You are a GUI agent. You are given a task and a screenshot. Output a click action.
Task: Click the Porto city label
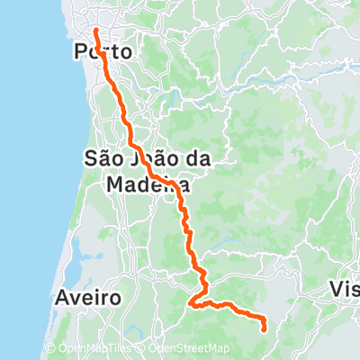(x=102, y=52)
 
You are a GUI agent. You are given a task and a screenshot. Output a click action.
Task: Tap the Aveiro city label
(x=86, y=296)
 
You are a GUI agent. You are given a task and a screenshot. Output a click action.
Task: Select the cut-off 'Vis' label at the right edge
(x=346, y=290)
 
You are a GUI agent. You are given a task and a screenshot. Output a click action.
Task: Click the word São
(x=103, y=157)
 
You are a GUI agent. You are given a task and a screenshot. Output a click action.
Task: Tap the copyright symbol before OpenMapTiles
(x=49, y=349)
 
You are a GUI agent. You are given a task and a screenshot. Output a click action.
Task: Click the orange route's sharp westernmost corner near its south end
(x=190, y=305)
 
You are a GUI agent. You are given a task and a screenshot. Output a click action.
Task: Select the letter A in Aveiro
(x=61, y=296)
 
